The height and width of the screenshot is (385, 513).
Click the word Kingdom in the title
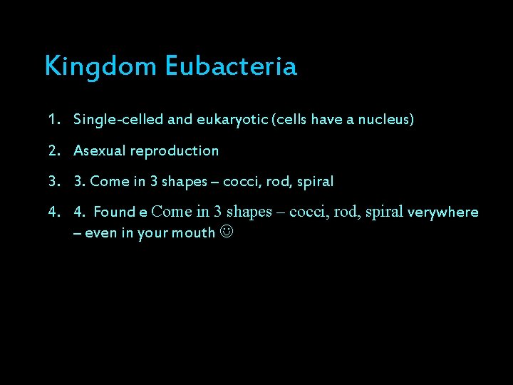pyautogui.click(x=100, y=67)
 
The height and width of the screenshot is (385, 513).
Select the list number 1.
pyautogui.click(x=54, y=120)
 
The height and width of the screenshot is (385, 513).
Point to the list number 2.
pyautogui.click(x=54, y=150)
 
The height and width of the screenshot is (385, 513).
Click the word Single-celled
pyautogui.click(x=118, y=120)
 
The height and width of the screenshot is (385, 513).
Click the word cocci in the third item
pyautogui.click(x=240, y=181)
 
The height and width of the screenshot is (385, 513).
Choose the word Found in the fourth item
pyautogui.click(x=115, y=212)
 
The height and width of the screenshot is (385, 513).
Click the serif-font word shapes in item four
pyautogui.click(x=249, y=212)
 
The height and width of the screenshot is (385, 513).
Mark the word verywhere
pyautogui.click(x=442, y=212)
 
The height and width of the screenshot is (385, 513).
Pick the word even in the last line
pyautogui.click(x=100, y=232)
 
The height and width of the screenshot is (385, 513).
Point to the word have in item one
pyautogui.click(x=326, y=120)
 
